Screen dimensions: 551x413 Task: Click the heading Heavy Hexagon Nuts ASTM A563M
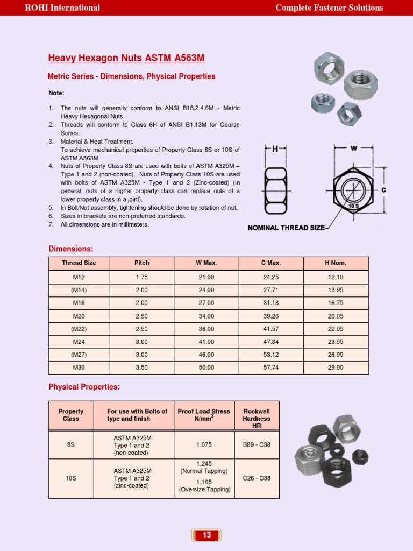[x=126, y=58]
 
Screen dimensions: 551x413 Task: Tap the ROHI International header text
[x=62, y=8]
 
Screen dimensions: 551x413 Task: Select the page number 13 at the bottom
[x=206, y=535]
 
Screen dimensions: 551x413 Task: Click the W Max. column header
[x=206, y=263]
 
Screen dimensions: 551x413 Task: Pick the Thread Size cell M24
[x=79, y=342]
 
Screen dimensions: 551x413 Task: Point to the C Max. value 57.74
[x=271, y=368]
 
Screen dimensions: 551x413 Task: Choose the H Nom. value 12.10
[x=336, y=278]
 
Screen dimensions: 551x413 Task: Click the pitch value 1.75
[x=141, y=278]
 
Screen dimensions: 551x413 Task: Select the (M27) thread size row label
[x=79, y=355]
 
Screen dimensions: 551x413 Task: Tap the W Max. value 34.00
[x=206, y=316]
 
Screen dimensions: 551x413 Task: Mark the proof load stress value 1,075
[x=204, y=445]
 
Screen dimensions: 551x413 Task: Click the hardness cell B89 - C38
[x=257, y=445]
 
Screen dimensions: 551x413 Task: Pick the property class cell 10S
[x=70, y=478]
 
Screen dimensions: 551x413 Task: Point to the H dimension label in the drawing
[x=275, y=149]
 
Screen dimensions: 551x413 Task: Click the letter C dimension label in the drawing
[x=383, y=190]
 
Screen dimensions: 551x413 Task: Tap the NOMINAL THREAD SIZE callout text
[x=286, y=228]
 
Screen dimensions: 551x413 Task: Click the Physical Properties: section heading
[x=84, y=387]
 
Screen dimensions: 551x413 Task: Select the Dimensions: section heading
[x=71, y=249]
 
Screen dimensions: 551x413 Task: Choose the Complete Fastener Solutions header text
[x=329, y=8]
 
